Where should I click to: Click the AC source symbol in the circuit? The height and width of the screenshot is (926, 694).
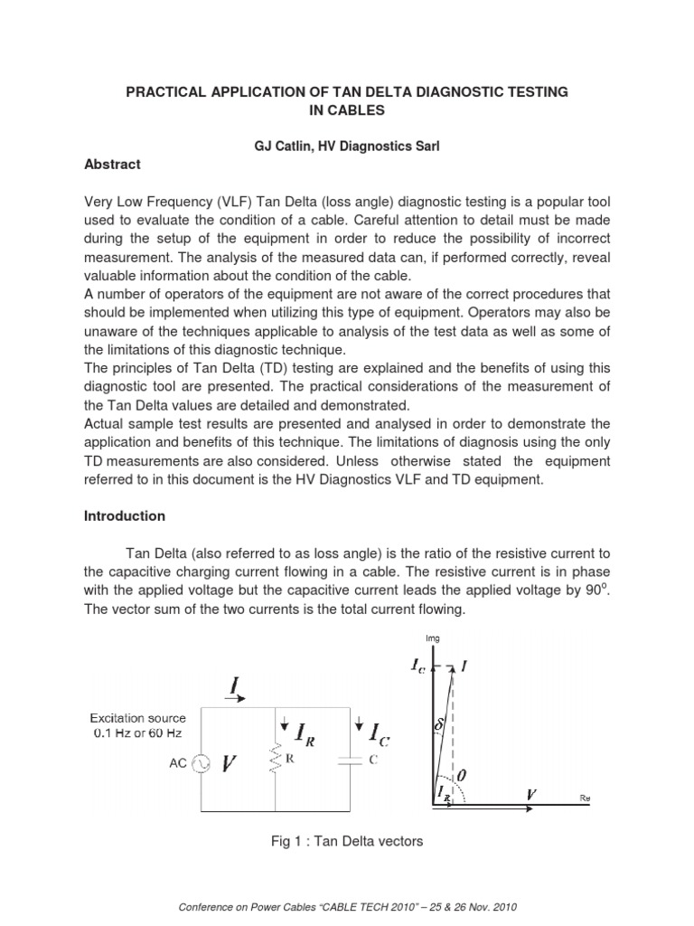pyautogui.click(x=201, y=764)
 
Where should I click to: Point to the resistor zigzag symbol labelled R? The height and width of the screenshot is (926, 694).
pyautogui.click(x=275, y=762)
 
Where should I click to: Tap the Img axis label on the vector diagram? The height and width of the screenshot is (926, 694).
pyautogui.click(x=433, y=638)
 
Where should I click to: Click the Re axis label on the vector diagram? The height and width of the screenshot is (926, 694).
pyautogui.click(x=584, y=798)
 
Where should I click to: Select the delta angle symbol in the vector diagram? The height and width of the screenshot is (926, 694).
pyautogui.click(x=440, y=725)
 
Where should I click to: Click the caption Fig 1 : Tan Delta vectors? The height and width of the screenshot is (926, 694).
pyautogui.click(x=347, y=842)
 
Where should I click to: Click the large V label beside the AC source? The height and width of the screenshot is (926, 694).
pyautogui.click(x=229, y=764)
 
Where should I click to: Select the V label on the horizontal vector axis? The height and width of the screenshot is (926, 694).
pyautogui.click(x=531, y=794)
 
